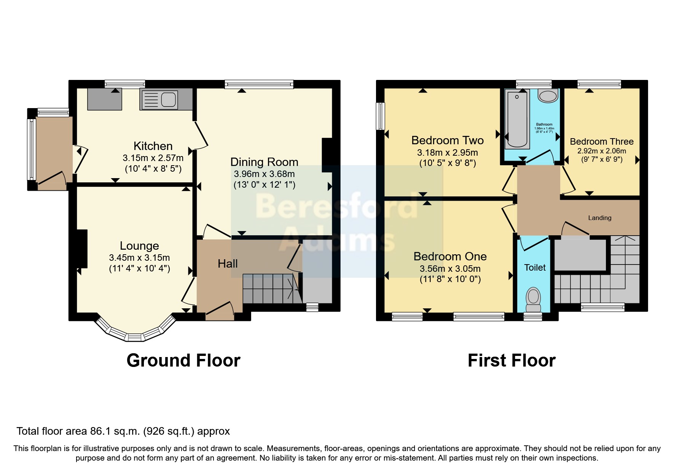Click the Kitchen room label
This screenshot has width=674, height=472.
153,146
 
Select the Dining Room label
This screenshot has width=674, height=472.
264,162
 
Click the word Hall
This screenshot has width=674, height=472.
228,263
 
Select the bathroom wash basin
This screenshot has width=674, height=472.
548,96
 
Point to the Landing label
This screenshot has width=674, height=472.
600,218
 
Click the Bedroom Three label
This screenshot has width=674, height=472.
602,142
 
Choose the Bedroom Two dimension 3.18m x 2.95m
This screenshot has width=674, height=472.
448,153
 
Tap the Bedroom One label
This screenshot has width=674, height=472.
450,257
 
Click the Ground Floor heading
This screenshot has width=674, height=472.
183,360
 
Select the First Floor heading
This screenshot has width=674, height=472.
511,360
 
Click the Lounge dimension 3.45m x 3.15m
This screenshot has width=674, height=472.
139,258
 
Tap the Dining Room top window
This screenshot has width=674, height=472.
259,84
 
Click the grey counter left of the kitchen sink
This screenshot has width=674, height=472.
105,99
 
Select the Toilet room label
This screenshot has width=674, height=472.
535,268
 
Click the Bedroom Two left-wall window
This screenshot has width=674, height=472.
380,116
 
